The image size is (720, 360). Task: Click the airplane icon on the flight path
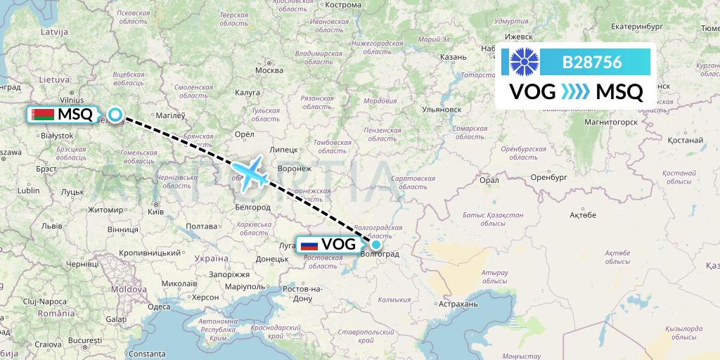pyautogui.click(x=250, y=173)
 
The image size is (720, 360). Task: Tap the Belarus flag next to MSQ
pyautogui.click(x=44, y=114)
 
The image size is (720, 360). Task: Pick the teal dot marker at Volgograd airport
pyautogui.click(x=376, y=245)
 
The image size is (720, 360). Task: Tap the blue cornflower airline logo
pyautogui.click(x=523, y=62)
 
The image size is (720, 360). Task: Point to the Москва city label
pyautogui.click(x=269, y=70)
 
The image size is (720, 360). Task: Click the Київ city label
pyautogui.click(x=156, y=211)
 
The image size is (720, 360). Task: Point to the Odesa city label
pyautogui.click(x=159, y=306)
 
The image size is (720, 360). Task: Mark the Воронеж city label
pyautogui.click(x=295, y=168)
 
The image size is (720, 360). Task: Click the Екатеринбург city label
pyautogui.click(x=637, y=27)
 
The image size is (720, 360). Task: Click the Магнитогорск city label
pyautogui.click(x=610, y=121)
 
